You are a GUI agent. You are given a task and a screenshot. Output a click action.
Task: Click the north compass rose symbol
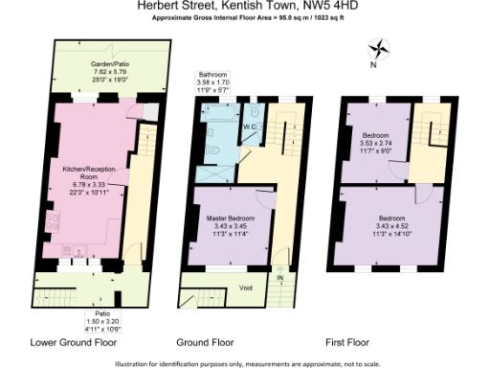click(x=379, y=47)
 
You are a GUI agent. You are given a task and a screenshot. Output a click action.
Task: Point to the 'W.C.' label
click(x=248, y=126)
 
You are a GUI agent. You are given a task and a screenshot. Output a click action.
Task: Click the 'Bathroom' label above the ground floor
click(x=212, y=74)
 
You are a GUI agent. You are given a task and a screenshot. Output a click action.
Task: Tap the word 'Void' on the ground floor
click(x=245, y=287)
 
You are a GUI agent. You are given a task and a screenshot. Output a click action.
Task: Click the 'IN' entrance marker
click(x=280, y=277)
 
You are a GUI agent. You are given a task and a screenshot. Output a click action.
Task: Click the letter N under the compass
click(x=372, y=65)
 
